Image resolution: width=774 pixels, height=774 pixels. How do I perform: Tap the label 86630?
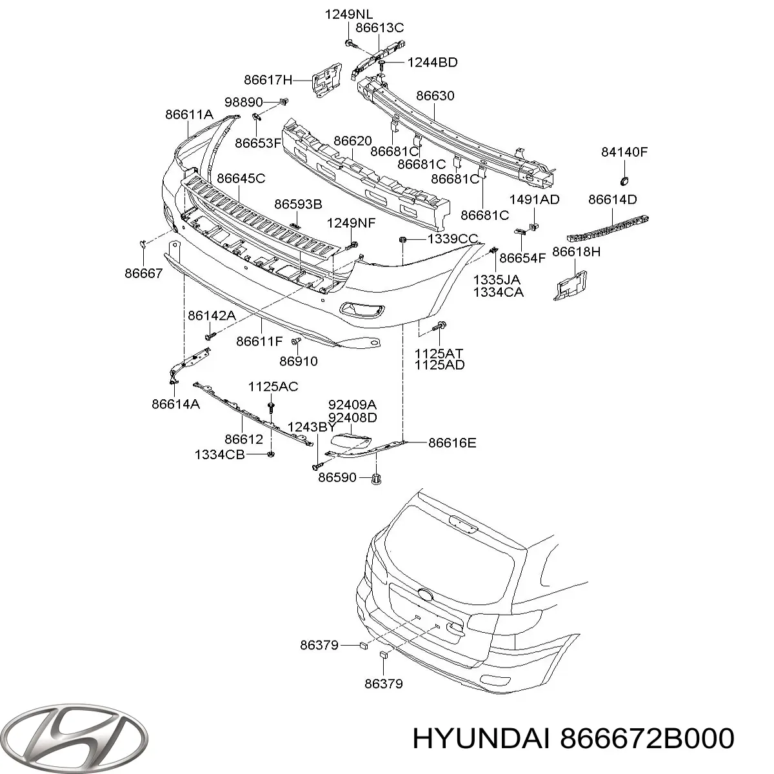pos(435,96)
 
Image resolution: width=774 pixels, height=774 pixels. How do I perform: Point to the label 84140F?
pos(624,152)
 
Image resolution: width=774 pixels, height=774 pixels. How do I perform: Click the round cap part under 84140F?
pos(624,180)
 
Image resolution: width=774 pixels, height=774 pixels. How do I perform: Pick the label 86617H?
pos(268,80)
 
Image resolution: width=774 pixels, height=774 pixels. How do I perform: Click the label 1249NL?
pos(348,14)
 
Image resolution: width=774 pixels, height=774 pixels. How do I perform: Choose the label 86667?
pos(144,273)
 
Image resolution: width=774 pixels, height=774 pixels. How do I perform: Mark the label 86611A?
pos(189,114)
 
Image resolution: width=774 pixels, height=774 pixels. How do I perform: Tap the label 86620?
pos(352,141)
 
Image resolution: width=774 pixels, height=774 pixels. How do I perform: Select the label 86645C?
pos(241,178)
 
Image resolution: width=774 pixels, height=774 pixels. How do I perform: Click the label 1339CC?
pos(452,239)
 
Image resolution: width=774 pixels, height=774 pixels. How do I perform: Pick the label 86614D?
pos(612,199)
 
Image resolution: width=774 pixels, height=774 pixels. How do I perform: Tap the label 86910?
pos(299,361)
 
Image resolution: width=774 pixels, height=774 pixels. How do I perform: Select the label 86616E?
pos(452,442)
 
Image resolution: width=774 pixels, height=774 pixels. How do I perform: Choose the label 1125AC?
pos(273,386)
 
